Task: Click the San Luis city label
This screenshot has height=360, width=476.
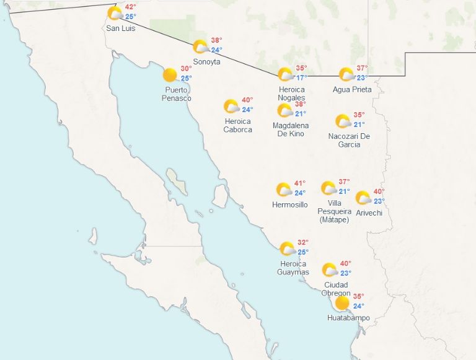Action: (120, 29)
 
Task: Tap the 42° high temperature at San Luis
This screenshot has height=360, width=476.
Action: (131, 7)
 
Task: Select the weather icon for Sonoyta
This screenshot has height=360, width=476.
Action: (200, 46)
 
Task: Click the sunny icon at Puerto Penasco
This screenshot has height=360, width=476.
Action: (169, 76)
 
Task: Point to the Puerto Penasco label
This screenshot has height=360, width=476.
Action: (177, 94)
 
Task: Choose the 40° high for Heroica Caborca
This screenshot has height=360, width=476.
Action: (247, 100)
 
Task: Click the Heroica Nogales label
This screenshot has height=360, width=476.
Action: (291, 94)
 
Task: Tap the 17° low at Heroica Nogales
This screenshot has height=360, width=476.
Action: (301, 78)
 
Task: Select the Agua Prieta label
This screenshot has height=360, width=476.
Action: (352, 89)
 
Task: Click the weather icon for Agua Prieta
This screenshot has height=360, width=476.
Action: (346, 74)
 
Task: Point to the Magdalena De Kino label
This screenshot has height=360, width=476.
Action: (288, 130)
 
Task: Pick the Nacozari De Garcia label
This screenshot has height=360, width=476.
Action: (349, 140)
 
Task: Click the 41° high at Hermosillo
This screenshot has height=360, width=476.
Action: (300, 183)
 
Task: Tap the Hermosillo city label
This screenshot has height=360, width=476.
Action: (289, 204)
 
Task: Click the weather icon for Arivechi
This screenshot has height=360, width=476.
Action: (363, 198)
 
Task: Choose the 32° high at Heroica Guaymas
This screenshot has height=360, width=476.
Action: (303, 242)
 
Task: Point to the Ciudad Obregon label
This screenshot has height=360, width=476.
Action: (336, 289)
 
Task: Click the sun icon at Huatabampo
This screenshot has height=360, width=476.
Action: (342, 303)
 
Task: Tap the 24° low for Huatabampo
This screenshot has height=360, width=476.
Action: (358, 306)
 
